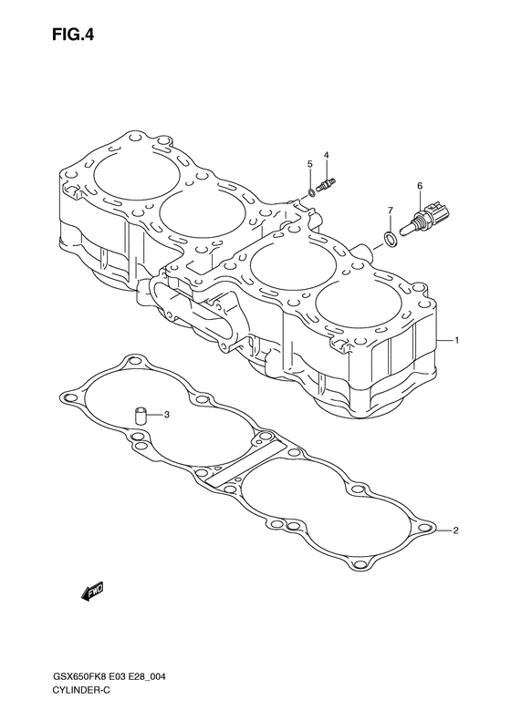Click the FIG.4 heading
73,35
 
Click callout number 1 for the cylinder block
456,340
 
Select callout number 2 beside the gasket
455,530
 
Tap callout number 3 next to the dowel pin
167,415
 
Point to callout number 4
326,155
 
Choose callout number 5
310,164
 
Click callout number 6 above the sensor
420,186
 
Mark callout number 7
390,211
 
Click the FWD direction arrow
92,592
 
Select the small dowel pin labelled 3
140,416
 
